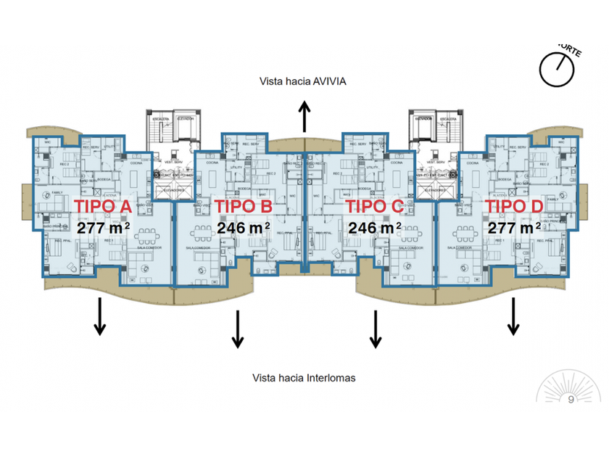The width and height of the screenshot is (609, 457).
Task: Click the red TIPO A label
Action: [103, 207]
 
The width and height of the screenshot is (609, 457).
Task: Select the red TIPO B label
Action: [243, 207]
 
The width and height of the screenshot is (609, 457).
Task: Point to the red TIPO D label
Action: [513, 207]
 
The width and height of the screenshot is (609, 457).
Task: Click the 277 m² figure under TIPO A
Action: [103, 228]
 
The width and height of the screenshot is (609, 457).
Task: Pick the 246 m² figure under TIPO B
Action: [243, 228]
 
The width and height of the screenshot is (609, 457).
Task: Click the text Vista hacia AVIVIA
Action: [303, 81]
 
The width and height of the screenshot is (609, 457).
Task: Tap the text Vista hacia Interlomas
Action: [304, 378]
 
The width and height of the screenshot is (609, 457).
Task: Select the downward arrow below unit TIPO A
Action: [100, 316]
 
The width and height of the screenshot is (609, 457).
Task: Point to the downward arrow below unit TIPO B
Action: [237, 329]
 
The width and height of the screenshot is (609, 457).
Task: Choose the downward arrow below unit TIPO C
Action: [376, 329]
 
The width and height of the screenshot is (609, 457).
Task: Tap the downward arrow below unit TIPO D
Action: [513, 316]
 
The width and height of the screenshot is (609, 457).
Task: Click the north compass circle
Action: [557, 68]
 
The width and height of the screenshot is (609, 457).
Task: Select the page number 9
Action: [571, 399]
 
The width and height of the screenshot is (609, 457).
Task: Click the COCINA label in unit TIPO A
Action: [136, 163]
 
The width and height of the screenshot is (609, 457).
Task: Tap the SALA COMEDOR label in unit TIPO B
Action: [197, 247]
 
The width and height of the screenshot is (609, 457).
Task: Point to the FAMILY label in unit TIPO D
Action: [551, 198]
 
